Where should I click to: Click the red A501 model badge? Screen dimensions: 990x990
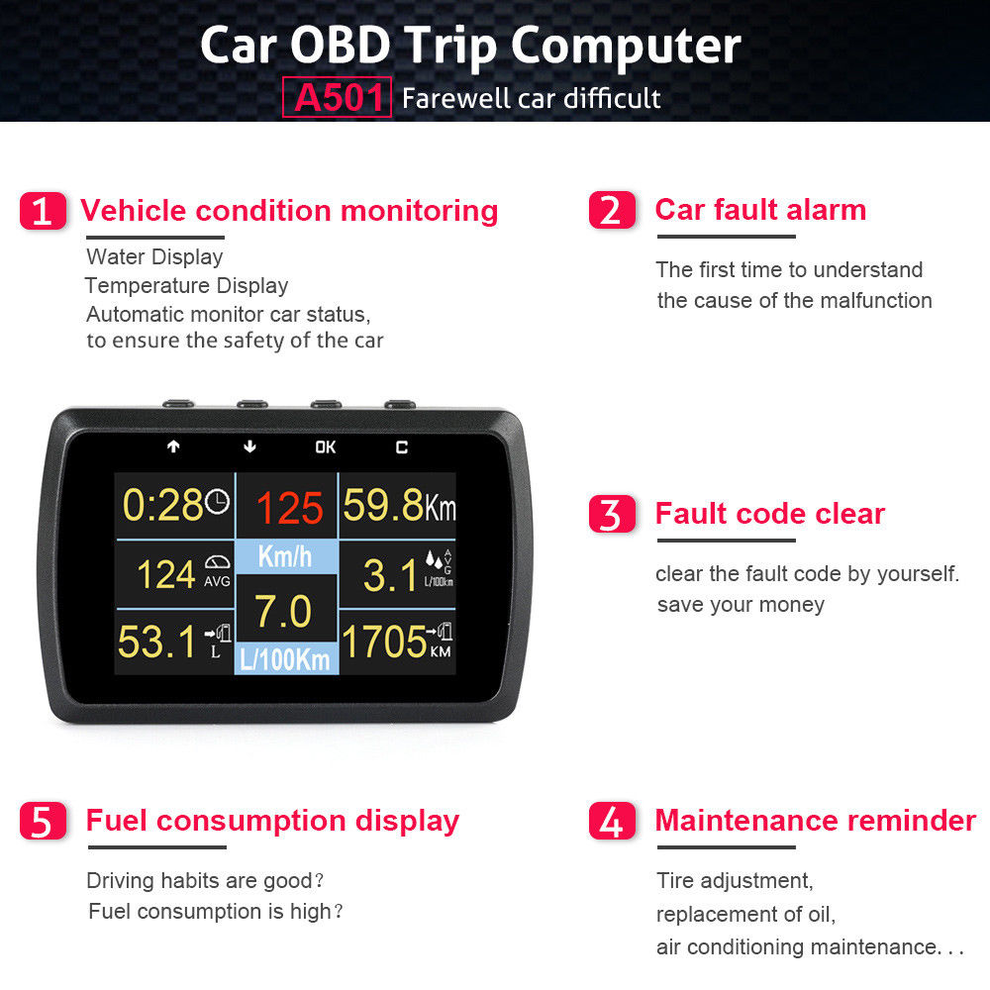(337, 97)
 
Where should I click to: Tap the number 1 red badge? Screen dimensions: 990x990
(43, 211)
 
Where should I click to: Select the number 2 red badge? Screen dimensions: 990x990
(612, 210)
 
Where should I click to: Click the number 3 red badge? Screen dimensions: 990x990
(612, 514)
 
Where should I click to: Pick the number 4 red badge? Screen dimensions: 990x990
(612, 821)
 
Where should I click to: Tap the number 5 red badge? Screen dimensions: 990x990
(43, 821)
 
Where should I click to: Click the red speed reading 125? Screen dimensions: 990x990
(290, 508)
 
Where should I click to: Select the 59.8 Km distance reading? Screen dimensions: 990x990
(399, 505)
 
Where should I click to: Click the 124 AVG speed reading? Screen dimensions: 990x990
(184, 573)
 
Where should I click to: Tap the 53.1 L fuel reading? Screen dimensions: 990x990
(174, 642)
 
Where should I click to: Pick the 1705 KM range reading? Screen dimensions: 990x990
(397, 642)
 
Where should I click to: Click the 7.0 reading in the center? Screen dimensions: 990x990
(283, 611)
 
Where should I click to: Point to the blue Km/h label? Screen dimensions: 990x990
(285, 556)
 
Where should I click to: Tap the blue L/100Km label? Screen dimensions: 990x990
(285, 659)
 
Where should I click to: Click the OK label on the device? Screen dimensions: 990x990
(325, 447)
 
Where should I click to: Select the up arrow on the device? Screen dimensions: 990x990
(173, 446)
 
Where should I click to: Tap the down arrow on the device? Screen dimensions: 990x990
(250, 446)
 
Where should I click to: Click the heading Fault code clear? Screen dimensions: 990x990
(769, 513)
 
